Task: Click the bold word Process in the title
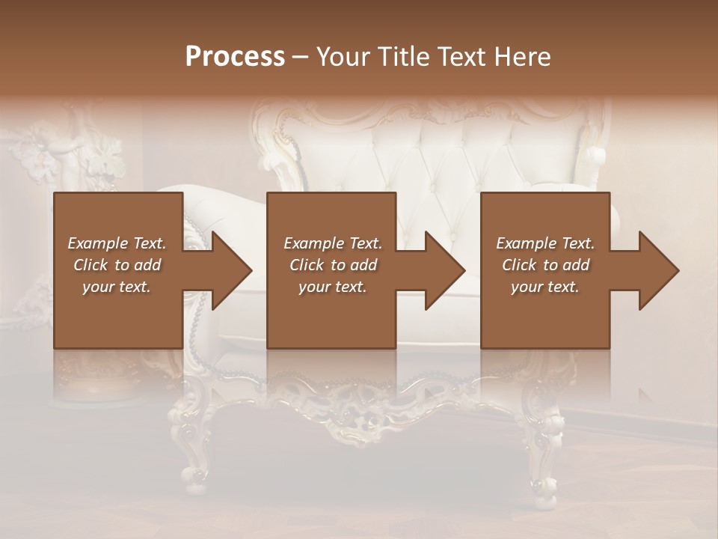235,57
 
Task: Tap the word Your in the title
341,57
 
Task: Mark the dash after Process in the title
300,58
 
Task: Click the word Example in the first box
97,243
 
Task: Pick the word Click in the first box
90,265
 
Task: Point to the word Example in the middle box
313,243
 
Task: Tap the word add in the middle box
363,265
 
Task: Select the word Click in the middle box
307,265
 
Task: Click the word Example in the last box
526,243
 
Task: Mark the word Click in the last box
519,265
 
